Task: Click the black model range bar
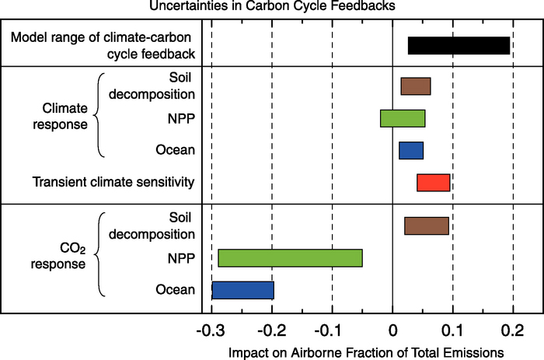coord(459,46)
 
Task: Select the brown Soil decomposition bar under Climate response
coord(415,86)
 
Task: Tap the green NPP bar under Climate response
coord(403,118)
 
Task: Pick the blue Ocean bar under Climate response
coord(411,150)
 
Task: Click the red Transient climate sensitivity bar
coord(434,183)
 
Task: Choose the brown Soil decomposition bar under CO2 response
coord(426,225)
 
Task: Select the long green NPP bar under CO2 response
coord(290,258)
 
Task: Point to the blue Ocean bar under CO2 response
coord(242,290)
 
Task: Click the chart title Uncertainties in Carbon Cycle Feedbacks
coord(272,7)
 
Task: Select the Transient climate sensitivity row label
coord(113,183)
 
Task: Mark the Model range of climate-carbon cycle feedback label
coord(105,46)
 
